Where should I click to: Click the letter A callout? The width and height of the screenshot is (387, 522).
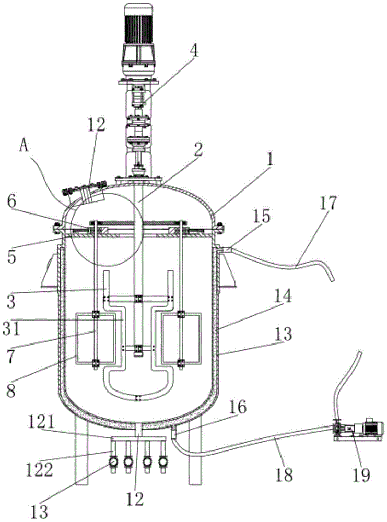click(24, 147)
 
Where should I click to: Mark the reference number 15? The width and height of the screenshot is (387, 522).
click(261, 217)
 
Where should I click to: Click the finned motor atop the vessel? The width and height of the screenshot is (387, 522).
click(138, 39)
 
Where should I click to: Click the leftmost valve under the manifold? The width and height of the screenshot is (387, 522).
click(112, 462)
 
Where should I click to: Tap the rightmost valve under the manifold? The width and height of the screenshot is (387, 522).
click(163, 462)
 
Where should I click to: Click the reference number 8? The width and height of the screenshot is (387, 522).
click(11, 390)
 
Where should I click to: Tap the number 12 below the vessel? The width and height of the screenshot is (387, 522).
click(135, 499)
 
